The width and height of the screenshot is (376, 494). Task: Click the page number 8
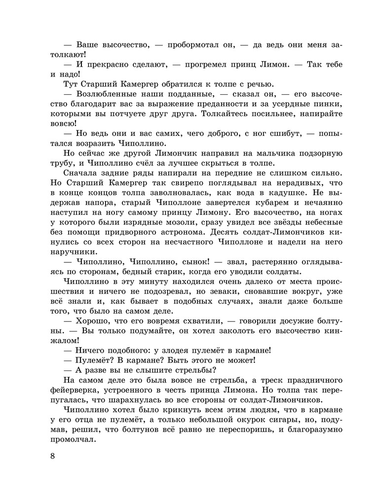point(52,455)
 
